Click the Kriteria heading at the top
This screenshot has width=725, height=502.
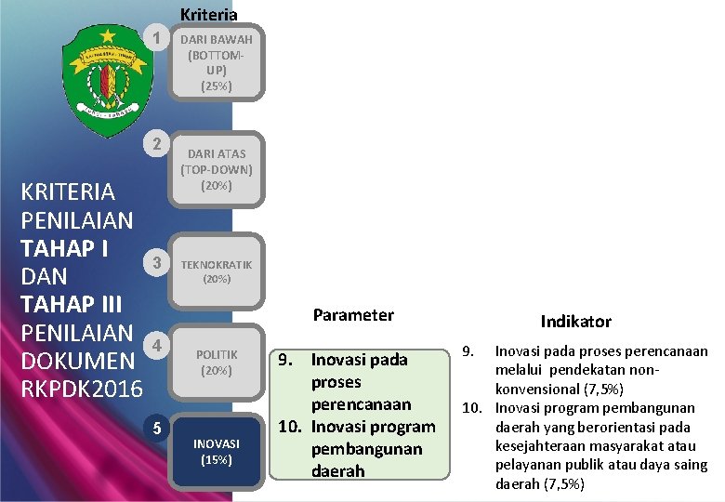[208, 14]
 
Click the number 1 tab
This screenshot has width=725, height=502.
[159, 39]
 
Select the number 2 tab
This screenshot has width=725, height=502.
[159, 144]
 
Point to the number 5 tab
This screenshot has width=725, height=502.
[159, 428]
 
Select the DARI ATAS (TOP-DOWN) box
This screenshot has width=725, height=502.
[217, 169]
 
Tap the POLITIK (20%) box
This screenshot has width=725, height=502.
[217, 362]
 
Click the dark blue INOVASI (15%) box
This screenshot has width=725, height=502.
[217, 451]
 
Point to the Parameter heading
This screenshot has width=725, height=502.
[353, 315]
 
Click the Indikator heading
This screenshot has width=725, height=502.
[576, 321]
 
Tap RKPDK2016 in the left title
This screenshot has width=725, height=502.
[82, 388]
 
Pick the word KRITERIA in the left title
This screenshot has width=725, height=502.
[68, 192]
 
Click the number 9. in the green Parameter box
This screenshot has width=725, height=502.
[287, 360]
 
